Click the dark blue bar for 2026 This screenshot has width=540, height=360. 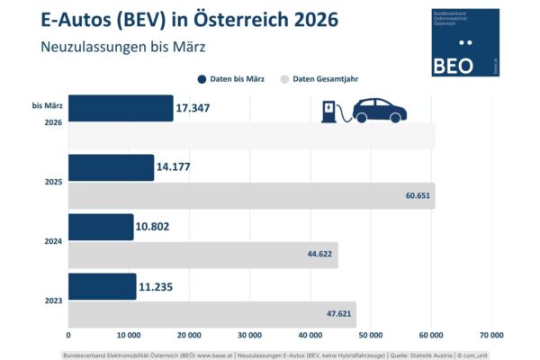click(x=120, y=108)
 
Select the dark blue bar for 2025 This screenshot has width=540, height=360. click(x=111, y=167)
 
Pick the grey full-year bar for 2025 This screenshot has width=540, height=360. click(x=251, y=195)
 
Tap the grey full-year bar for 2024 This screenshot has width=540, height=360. click(x=202, y=255)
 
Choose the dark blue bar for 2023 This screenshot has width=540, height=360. click(x=102, y=286)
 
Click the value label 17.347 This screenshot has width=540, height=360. click(x=200, y=109)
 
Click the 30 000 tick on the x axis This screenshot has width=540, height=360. click(x=250, y=335)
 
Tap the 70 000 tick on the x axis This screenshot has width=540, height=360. click(x=491, y=335)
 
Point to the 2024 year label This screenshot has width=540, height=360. click(x=53, y=240)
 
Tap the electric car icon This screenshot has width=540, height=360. click(x=378, y=110)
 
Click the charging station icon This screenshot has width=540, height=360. click(x=330, y=112)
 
